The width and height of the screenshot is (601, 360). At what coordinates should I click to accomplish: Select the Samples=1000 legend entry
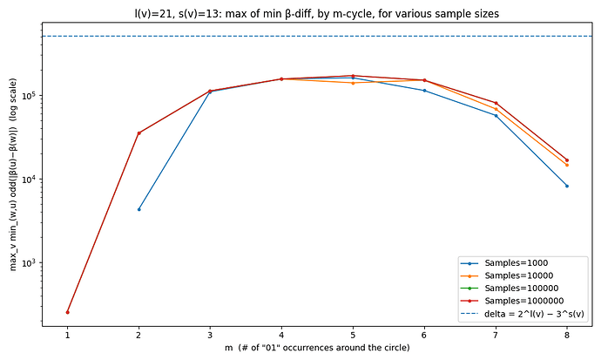pos(517,262)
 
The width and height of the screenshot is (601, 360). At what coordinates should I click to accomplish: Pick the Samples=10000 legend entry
pos(519,275)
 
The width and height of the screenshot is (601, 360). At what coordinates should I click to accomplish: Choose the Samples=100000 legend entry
pos(522,288)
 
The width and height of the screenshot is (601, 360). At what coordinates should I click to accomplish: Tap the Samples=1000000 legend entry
pos(524,300)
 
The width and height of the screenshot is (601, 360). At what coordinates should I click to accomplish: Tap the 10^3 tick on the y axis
pos(30,263)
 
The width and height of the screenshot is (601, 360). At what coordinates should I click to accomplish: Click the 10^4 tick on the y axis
pos(30,180)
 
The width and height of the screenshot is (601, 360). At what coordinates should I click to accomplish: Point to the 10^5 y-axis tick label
pos(30,95)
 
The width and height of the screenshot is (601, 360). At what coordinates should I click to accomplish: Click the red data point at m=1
pos(67,312)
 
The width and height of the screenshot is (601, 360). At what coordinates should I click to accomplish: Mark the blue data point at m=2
pos(138,209)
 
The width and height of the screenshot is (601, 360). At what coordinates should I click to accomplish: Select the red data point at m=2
pos(138,133)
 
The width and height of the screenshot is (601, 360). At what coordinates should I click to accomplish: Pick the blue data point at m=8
pos(567,186)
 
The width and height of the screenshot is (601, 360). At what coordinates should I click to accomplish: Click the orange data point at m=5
pos(353,83)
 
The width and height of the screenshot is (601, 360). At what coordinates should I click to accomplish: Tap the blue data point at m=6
pos(424,91)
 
